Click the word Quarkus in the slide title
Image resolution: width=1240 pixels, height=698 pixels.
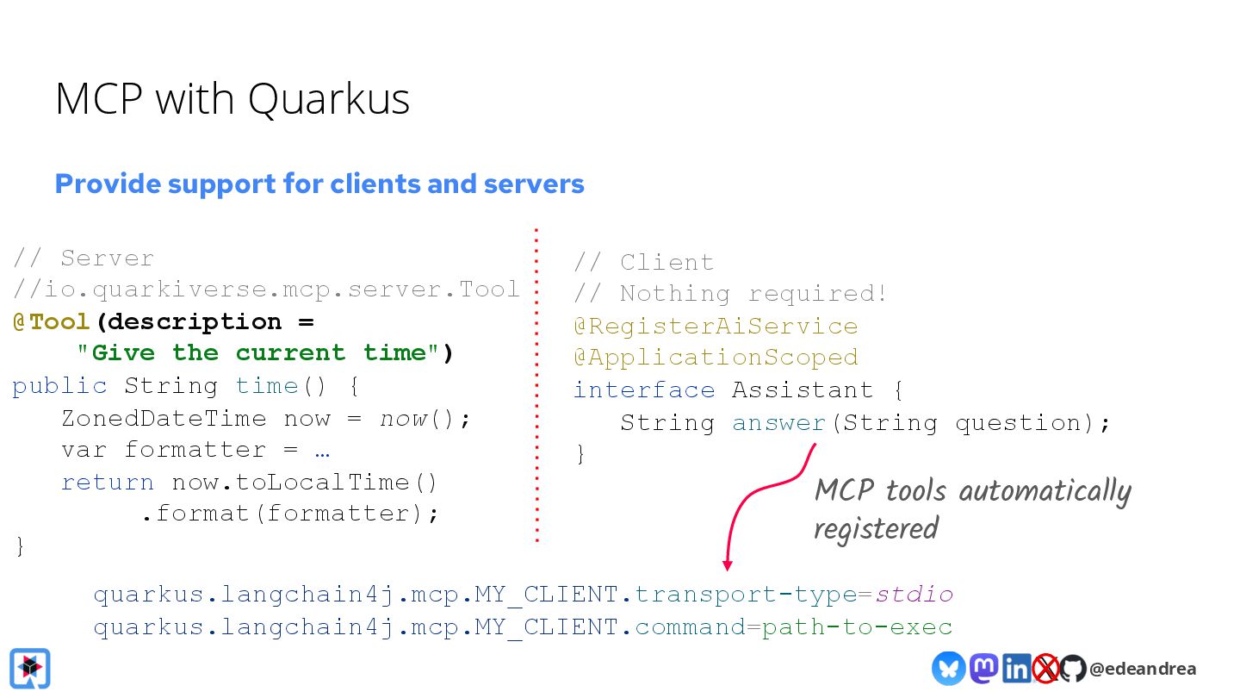click(x=329, y=99)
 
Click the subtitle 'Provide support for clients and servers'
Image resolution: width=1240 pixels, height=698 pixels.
click(x=319, y=184)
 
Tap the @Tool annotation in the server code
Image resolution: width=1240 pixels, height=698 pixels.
click(x=52, y=321)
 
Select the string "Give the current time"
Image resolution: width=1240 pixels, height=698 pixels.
click(x=264, y=352)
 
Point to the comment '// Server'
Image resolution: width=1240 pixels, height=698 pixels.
click(x=84, y=258)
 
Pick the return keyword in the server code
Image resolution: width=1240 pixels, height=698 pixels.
click(x=108, y=482)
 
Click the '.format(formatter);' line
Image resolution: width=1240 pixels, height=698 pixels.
click(x=290, y=514)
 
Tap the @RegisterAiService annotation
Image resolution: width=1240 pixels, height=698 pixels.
click(x=716, y=326)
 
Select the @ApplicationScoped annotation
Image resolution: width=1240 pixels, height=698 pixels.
click(x=716, y=357)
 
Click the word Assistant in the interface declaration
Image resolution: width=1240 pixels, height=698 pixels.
click(x=803, y=390)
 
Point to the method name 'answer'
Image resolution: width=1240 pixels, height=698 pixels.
click(x=778, y=422)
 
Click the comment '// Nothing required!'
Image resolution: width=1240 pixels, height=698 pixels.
click(x=730, y=293)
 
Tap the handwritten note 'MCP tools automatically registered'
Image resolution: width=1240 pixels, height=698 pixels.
click(x=971, y=508)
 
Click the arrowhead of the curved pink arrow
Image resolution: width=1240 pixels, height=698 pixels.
click(x=727, y=565)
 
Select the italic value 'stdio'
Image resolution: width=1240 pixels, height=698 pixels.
click(x=914, y=595)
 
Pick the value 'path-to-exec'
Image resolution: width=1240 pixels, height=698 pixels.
click(x=857, y=626)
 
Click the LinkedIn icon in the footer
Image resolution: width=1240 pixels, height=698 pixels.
click(x=1016, y=668)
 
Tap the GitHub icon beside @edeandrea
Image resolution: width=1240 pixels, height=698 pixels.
click(x=1073, y=668)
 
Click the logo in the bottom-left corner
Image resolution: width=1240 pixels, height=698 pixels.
click(x=30, y=668)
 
